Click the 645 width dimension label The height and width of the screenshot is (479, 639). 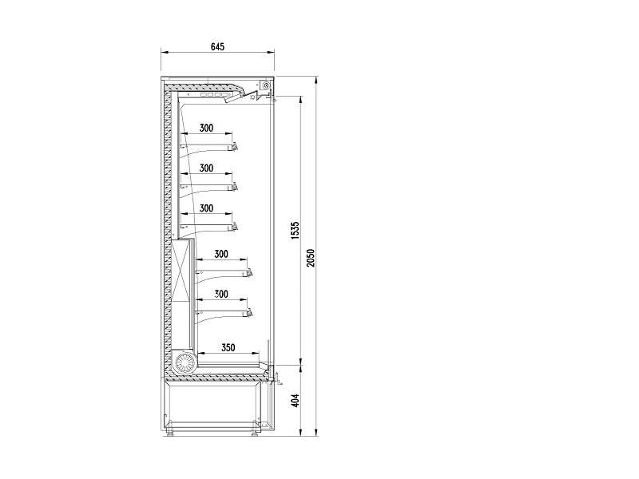(217, 47)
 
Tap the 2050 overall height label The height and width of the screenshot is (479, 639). (311, 258)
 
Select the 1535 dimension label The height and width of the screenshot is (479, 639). (296, 231)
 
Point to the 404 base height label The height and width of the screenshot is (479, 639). (296, 400)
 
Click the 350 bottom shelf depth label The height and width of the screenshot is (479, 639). (228, 347)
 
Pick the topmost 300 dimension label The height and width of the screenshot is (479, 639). (206, 128)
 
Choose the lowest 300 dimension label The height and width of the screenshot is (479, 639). (221, 294)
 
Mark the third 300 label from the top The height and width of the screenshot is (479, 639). (206, 208)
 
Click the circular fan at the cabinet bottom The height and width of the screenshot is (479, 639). (185, 362)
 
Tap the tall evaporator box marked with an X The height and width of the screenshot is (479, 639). (181, 271)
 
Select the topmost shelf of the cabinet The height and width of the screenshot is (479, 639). (208, 147)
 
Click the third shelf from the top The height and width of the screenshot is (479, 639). (208, 227)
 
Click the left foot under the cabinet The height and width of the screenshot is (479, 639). (170, 433)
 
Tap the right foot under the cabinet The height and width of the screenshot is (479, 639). (255, 433)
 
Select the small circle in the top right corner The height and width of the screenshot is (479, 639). (266, 85)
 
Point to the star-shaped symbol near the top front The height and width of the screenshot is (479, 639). (254, 97)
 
